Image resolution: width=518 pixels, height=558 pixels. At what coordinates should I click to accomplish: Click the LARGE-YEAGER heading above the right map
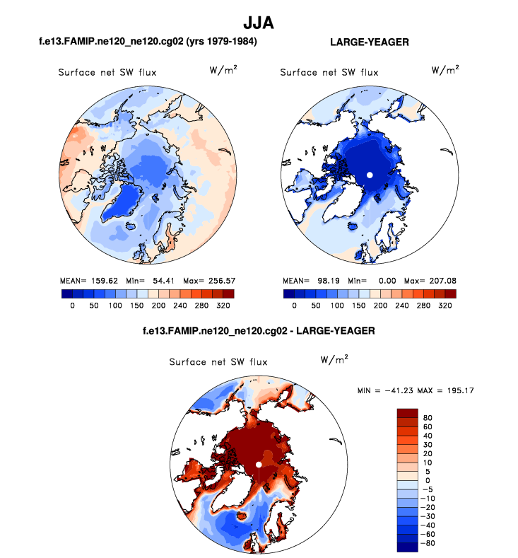[370, 42]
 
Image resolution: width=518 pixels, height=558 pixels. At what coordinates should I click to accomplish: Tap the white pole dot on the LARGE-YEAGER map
[369, 175]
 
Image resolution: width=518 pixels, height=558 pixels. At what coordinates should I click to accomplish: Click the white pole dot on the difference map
[259, 464]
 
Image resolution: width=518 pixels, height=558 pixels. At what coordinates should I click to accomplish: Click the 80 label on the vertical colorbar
[428, 418]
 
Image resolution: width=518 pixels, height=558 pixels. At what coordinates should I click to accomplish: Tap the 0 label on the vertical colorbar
[425, 481]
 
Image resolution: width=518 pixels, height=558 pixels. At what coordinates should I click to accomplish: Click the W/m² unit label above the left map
[223, 70]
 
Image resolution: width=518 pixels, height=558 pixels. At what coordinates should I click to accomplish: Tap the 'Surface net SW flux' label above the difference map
[218, 362]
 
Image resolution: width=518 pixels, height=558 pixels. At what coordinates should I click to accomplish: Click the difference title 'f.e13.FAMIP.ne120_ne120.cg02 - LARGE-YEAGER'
[257, 330]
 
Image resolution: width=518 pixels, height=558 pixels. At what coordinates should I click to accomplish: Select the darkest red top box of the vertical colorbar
[408, 413]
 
